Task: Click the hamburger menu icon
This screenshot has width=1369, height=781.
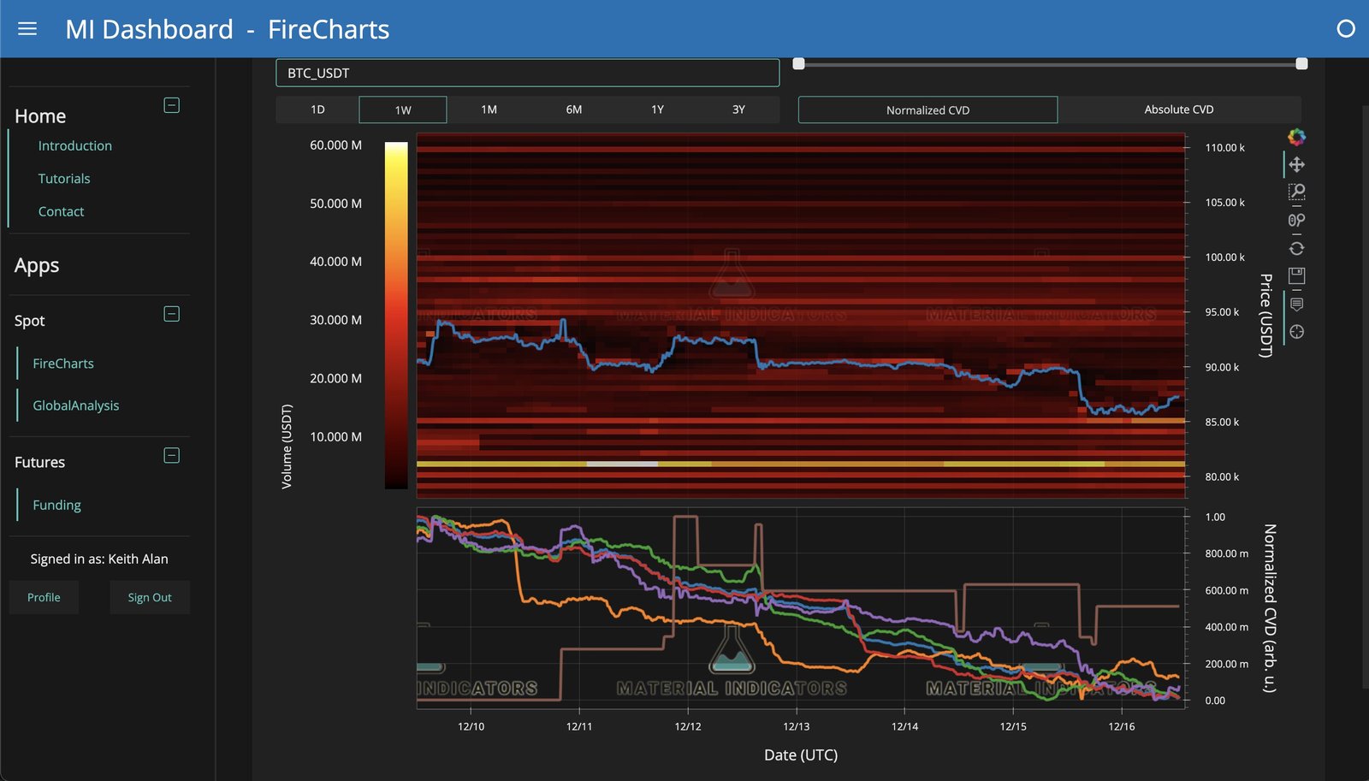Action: [27, 29]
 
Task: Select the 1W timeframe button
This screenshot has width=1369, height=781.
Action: [403, 109]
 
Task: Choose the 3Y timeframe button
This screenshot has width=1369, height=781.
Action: [738, 109]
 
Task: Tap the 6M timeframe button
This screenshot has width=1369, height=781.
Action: [573, 109]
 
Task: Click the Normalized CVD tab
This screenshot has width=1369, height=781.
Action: [927, 109]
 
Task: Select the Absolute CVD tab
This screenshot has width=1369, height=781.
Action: [1178, 109]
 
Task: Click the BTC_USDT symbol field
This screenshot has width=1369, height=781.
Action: [527, 73]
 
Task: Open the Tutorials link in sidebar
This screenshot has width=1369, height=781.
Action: [64, 179]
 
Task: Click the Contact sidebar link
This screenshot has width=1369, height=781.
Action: [61, 211]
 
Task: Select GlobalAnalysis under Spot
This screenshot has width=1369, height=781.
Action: [75, 405]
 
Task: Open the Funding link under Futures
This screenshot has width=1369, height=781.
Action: [56, 505]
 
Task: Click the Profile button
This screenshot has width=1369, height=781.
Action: [44, 597]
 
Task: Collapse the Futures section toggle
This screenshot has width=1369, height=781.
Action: [171, 455]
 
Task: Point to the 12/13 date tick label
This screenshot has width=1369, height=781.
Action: [796, 726]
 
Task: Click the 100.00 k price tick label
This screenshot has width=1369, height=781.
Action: [1224, 257]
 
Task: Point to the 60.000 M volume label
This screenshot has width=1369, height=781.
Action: [335, 145]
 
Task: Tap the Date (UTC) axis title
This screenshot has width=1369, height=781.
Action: [800, 754]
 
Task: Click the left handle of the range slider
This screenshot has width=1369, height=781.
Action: [798, 64]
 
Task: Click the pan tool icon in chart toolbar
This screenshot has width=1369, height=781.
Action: [1296, 164]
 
